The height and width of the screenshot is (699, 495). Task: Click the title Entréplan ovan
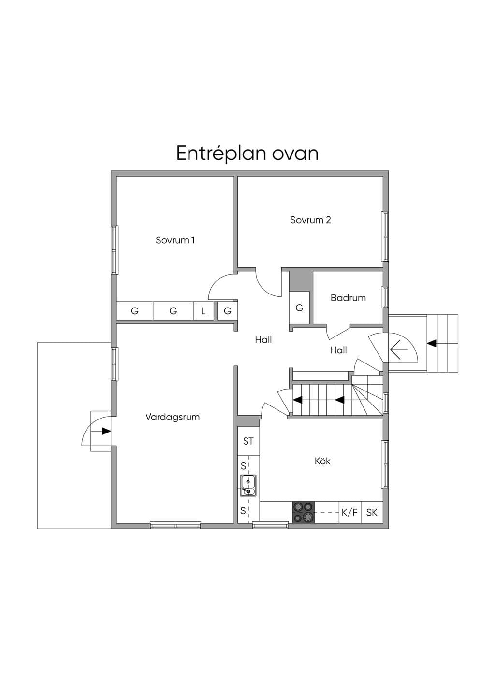tap(247, 154)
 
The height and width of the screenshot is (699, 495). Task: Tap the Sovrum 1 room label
tap(175, 240)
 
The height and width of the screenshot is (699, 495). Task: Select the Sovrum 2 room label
tap(310, 220)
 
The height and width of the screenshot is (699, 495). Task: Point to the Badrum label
tap(348, 298)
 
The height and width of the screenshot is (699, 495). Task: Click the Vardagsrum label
tap(173, 417)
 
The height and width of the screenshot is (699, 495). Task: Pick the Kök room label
tap(322, 461)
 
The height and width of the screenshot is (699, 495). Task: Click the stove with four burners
tap(304, 512)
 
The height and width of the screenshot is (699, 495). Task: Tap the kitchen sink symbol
tap(248, 486)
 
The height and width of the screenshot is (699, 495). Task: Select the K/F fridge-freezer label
tap(349, 512)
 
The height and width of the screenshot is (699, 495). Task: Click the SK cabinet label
tap(372, 512)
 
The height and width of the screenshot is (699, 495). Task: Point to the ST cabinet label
tap(248, 441)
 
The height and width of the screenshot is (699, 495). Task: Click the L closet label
tap(203, 311)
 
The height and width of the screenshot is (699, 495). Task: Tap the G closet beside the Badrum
tap(299, 308)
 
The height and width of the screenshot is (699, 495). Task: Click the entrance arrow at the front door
tap(398, 349)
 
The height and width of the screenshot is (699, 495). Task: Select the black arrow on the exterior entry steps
tap(432, 343)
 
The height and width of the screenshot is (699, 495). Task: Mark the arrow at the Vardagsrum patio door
tap(106, 431)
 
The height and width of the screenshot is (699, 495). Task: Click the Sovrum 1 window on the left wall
tap(115, 250)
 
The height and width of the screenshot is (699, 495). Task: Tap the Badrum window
tap(386, 297)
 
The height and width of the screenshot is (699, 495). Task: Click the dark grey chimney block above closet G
tap(301, 280)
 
